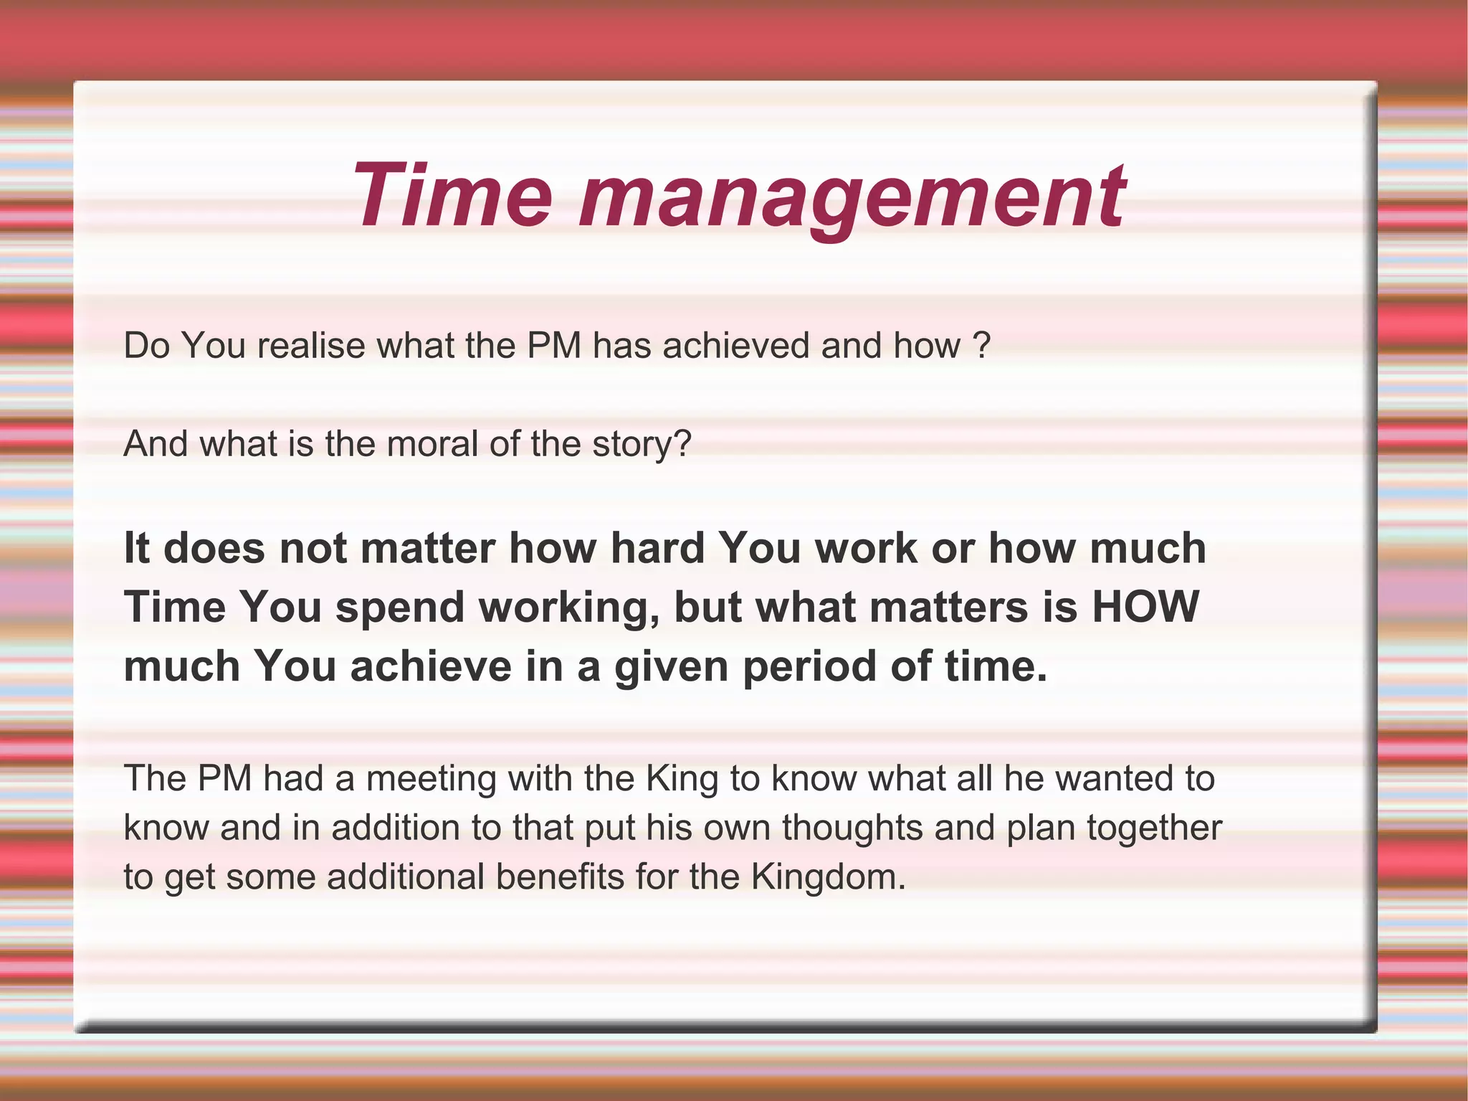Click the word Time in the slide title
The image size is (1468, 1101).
pos(452,195)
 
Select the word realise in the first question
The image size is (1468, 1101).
pos(311,346)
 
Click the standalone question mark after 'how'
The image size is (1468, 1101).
pos(983,346)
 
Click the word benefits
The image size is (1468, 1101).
pos(560,877)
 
